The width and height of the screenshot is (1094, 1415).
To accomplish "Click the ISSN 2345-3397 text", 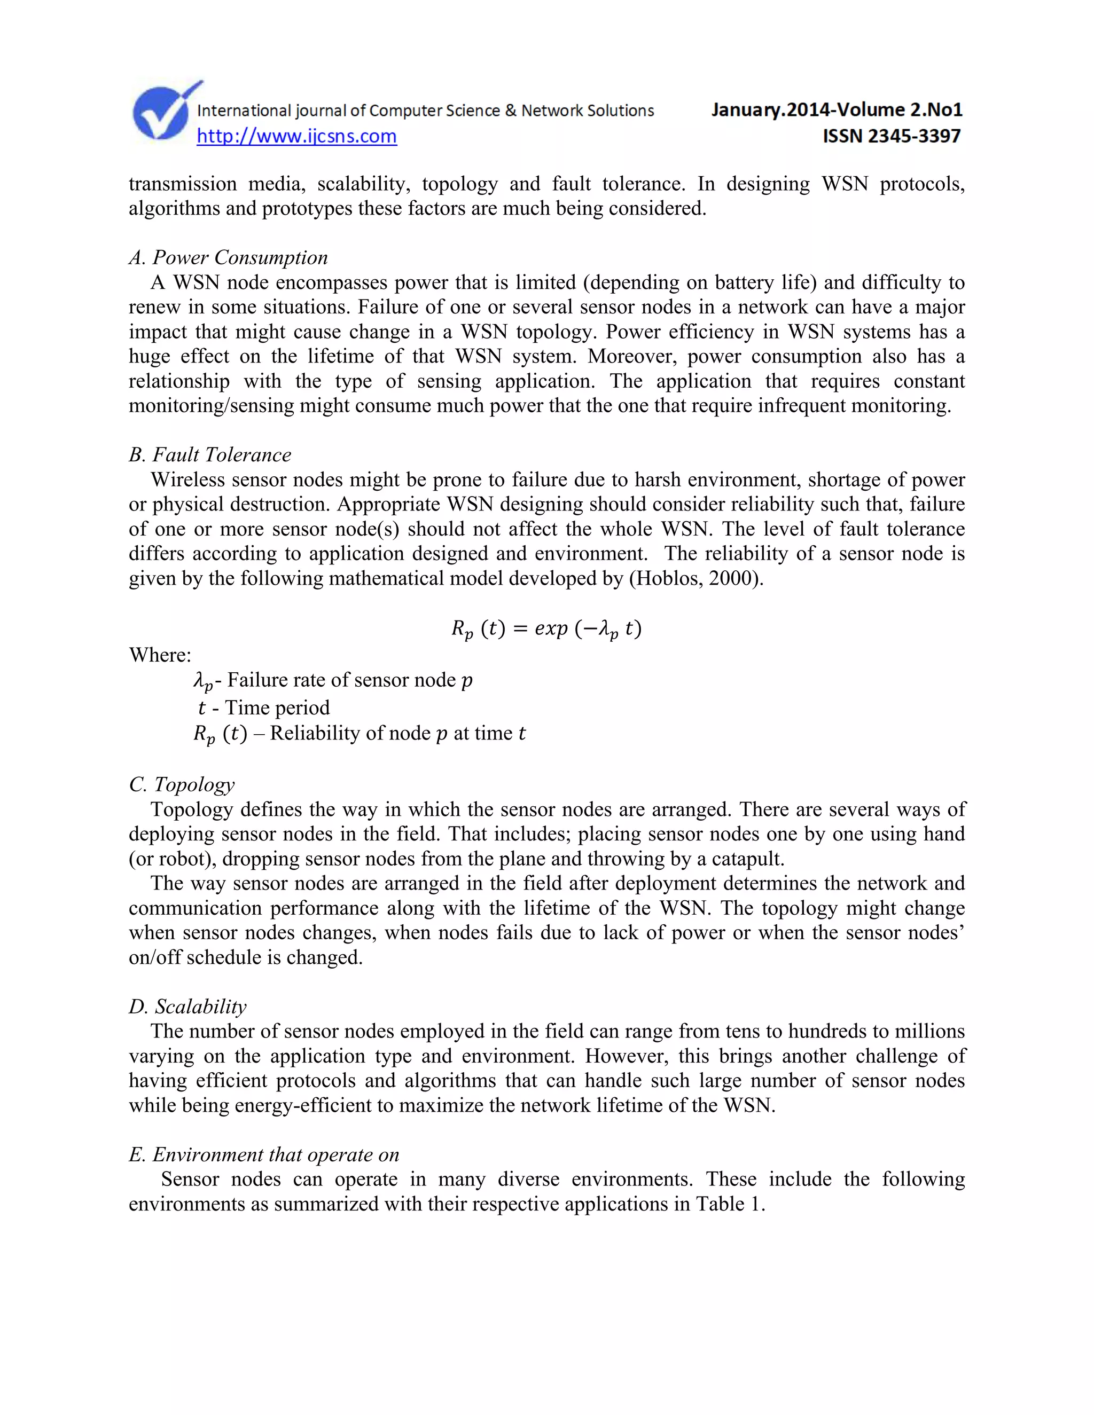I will [891, 136].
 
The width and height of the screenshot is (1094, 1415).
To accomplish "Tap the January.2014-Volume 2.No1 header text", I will [836, 109].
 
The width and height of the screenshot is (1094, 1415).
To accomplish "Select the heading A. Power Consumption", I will [228, 258].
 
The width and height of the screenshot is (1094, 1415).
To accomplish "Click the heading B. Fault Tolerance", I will [210, 455].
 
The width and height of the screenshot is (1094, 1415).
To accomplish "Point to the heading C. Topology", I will [182, 784].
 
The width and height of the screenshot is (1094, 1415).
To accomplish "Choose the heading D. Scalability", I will [187, 1006].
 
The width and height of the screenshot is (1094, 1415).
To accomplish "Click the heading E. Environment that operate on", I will [264, 1154].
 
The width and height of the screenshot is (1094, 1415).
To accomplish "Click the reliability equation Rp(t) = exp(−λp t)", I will [546, 628].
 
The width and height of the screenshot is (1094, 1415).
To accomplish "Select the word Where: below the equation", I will [160, 655].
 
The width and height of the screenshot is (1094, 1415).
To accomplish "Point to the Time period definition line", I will [264, 707].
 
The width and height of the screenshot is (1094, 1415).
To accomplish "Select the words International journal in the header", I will [271, 111].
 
